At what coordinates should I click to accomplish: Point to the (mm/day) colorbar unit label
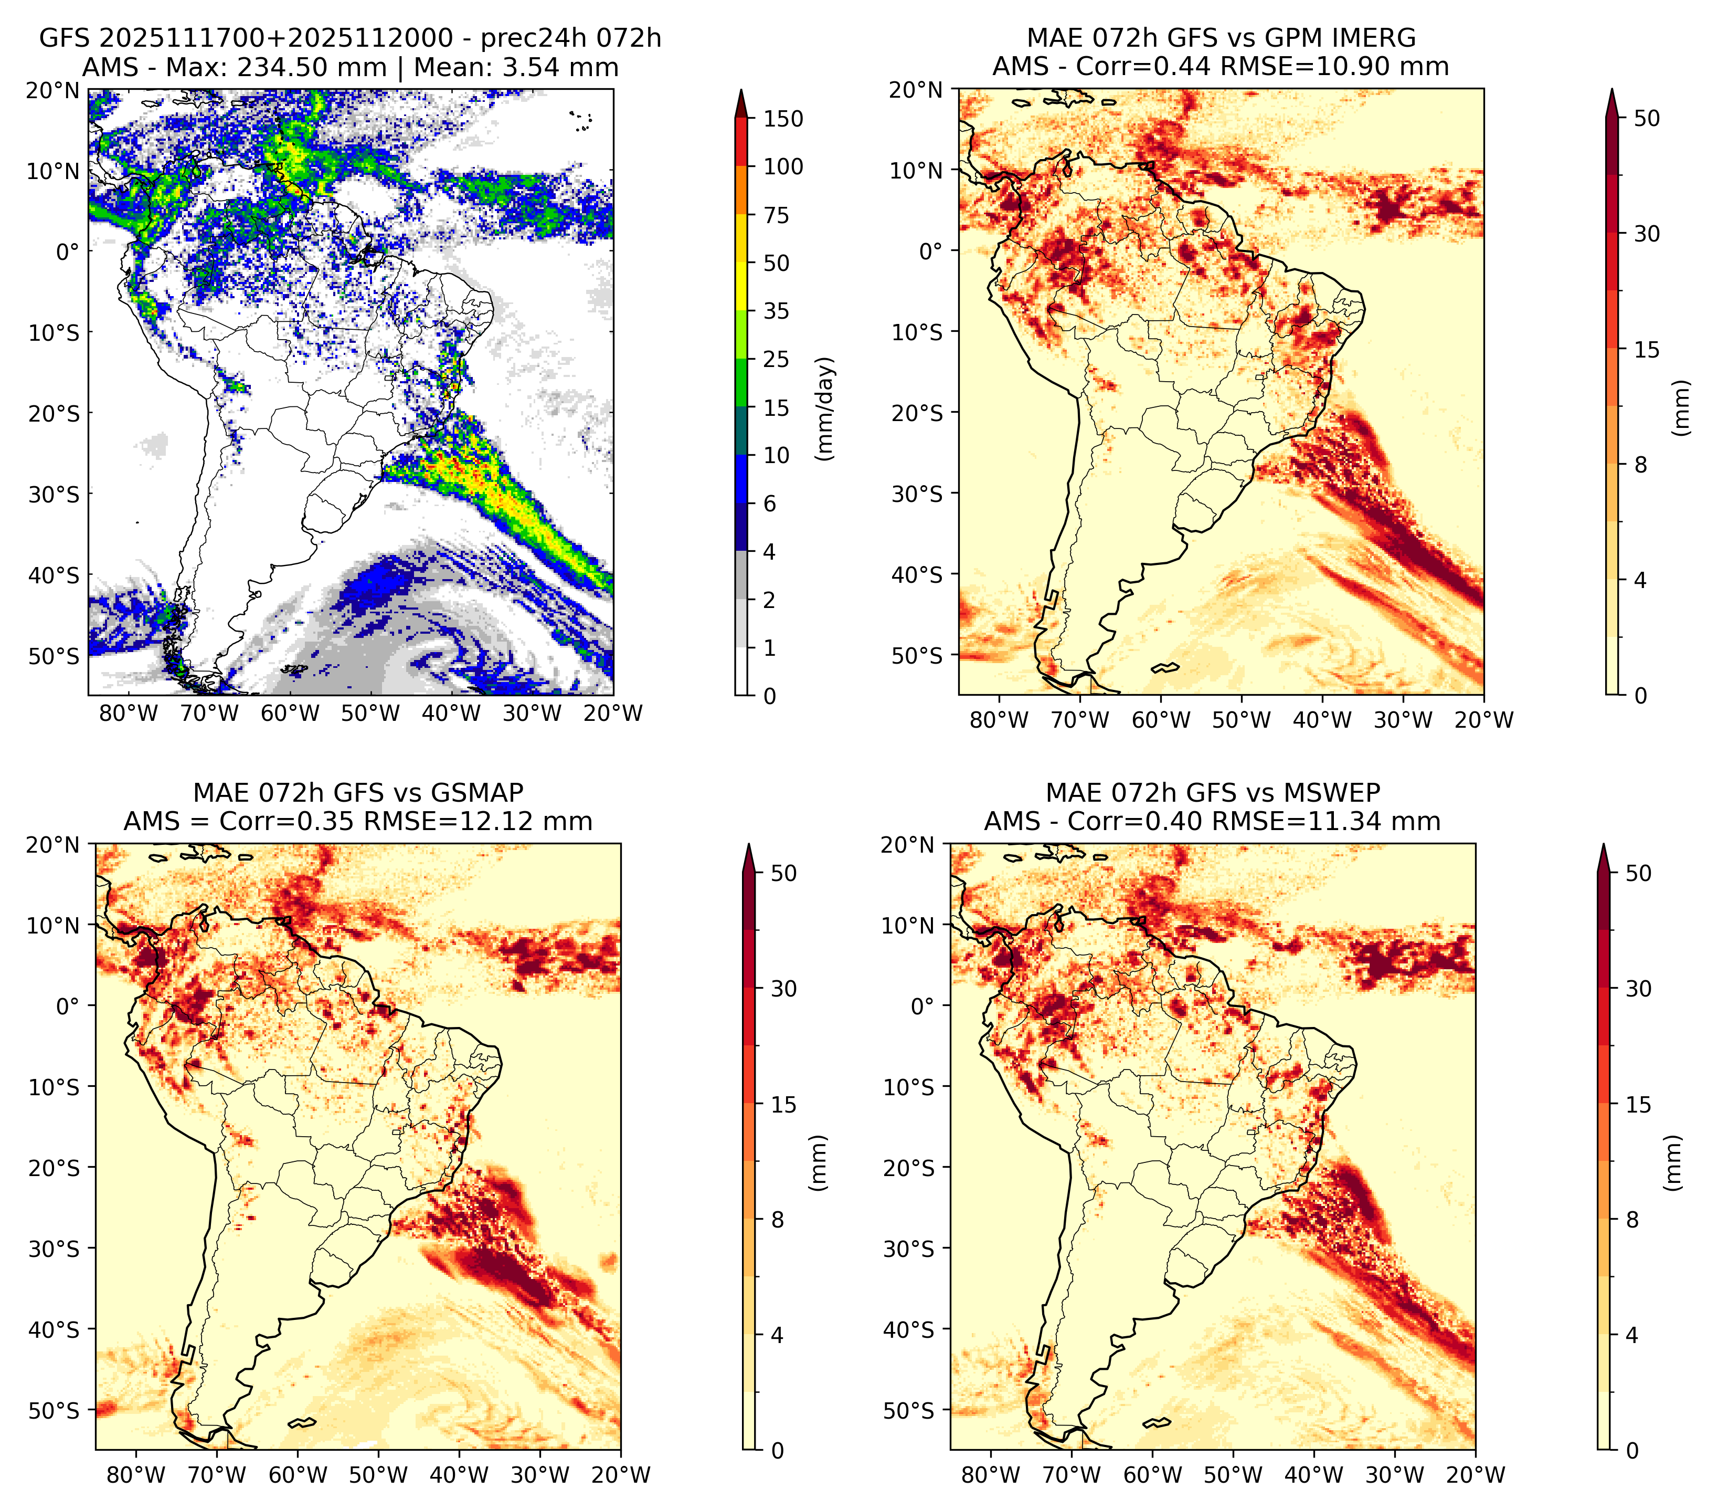click(x=826, y=408)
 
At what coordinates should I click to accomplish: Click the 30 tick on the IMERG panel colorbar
click(x=1647, y=234)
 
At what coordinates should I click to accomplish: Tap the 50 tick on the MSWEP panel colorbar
click(x=1638, y=874)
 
